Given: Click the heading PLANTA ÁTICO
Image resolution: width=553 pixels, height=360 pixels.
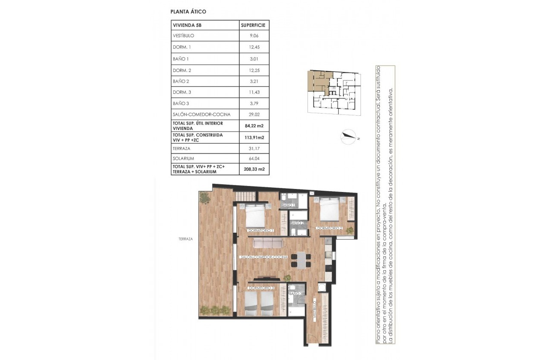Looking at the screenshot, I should (x=185, y=12).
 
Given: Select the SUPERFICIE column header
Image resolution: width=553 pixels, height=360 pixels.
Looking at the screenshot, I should (x=254, y=25).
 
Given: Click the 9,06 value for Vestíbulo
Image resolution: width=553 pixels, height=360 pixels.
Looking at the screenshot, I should (x=254, y=36).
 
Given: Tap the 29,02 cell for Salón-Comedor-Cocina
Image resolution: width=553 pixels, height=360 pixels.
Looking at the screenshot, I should (x=254, y=114).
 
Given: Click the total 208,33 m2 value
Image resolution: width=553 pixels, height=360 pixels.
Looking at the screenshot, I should (x=254, y=169).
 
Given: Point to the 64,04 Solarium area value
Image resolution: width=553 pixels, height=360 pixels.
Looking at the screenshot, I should (x=254, y=159).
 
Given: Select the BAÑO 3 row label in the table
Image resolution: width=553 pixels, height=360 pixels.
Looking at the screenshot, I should (x=181, y=103).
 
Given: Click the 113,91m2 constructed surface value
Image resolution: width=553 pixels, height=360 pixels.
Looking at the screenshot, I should (x=254, y=137).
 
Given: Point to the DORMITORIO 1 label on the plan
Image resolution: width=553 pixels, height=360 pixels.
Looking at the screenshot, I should (x=261, y=231).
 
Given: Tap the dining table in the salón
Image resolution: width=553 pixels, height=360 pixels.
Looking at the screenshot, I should (x=301, y=259).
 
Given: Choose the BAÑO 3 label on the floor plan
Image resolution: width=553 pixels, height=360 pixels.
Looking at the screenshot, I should (x=296, y=294).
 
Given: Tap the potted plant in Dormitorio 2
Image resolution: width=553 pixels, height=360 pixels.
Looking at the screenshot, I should (x=350, y=231).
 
